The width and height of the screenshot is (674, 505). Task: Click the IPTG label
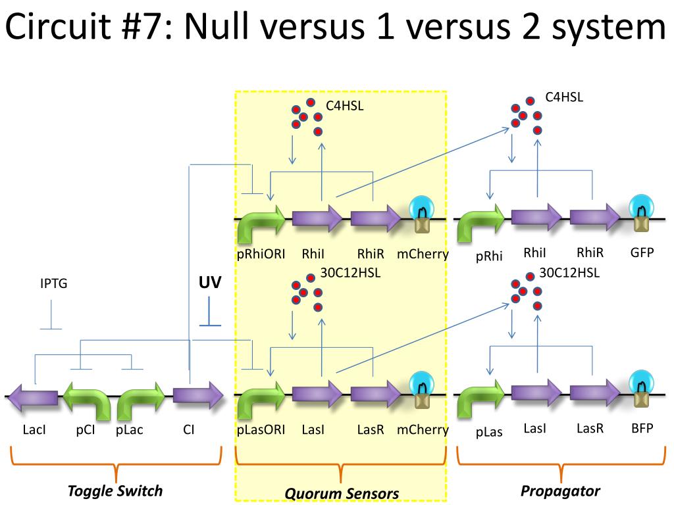54,283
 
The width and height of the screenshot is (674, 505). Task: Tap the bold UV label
210,282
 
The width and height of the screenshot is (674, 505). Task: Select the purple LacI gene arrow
33,395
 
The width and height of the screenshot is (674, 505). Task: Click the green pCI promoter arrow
86,399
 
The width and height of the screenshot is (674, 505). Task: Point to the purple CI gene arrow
198,395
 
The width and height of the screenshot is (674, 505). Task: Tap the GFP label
642,252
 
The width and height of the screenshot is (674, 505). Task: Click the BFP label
642,428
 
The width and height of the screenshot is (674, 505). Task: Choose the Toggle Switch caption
115,491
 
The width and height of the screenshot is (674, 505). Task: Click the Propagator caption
560,491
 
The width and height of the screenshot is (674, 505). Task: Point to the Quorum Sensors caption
342,493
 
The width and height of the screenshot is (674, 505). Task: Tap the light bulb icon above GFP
641,213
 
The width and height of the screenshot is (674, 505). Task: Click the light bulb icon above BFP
641,389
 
